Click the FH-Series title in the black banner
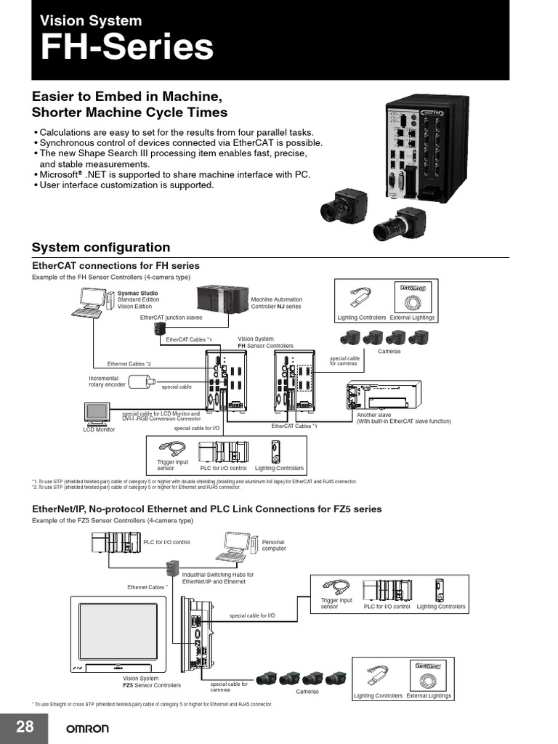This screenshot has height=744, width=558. pos(127,48)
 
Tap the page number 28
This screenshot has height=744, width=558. pos(25,727)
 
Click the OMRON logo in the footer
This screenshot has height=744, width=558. pos(88,729)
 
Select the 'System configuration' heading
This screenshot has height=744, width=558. pos(101,247)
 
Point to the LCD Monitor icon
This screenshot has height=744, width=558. pos(97,413)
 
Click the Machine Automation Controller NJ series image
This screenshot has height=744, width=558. pos(222,300)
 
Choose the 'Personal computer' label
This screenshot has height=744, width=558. pos(273,545)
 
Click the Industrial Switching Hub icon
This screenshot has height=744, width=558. pos(174,567)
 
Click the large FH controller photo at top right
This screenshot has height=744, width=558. pos(416,149)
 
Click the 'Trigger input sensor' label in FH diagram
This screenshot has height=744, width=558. pos(172,465)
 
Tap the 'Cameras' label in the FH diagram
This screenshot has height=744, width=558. pos(389,352)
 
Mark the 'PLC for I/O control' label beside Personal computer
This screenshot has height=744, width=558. pos(166,542)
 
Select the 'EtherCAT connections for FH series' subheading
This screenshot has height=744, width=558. pos(116,266)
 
